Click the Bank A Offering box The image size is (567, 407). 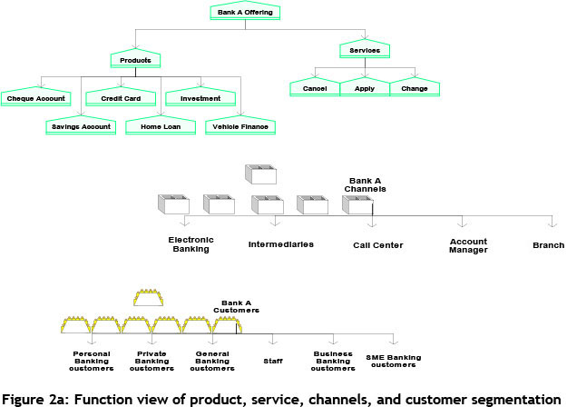coord(245,12)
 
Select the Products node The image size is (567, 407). coord(135,60)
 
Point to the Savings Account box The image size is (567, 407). coord(79,126)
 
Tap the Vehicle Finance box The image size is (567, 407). coord(240,126)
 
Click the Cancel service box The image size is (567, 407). coord(314,89)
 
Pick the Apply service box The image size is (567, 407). coord(365,89)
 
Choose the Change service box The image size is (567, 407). coord(415,89)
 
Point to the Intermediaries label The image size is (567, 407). coord(281,244)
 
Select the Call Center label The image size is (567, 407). coord(378,245)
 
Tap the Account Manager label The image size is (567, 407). coord(468,245)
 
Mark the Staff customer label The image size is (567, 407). coord(273,361)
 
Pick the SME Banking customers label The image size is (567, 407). coord(393,362)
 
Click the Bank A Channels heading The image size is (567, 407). coord(367,184)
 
